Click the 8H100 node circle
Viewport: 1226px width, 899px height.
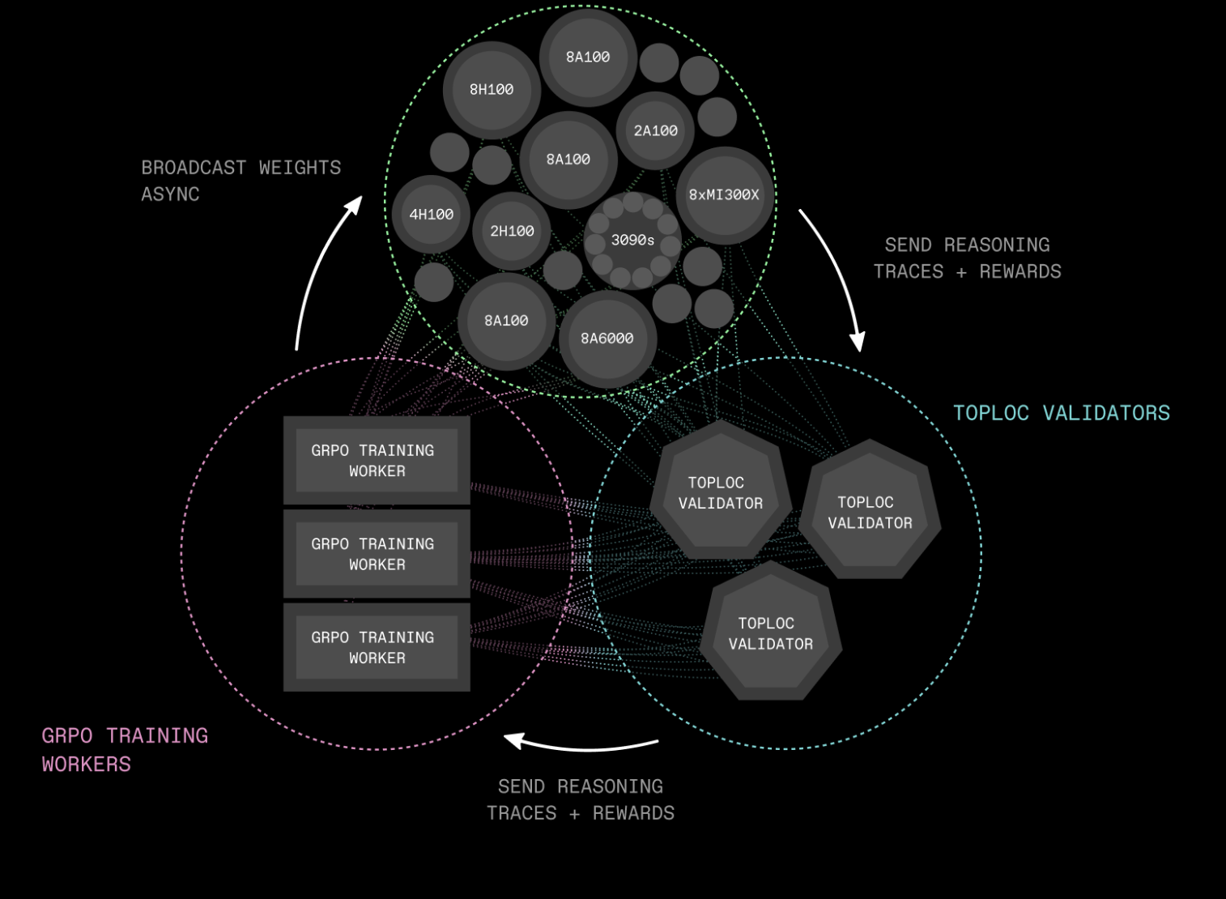[x=492, y=90]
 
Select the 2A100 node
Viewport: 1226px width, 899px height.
[x=655, y=130]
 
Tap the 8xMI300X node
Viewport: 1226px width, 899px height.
[x=724, y=195]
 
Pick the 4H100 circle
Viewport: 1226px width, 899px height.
[x=431, y=215]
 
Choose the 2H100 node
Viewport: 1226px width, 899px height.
[x=512, y=232]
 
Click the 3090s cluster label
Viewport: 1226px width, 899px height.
[x=632, y=241]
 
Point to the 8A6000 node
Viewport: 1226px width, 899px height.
[x=607, y=339]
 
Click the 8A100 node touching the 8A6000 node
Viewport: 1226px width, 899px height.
[x=506, y=321]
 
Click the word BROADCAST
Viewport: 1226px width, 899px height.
[x=194, y=168]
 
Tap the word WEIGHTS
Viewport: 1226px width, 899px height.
[x=300, y=168]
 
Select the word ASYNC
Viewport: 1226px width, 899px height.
[x=170, y=194]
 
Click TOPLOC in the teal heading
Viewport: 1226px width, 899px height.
[x=990, y=413]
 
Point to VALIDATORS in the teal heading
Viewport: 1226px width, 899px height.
[x=1106, y=413]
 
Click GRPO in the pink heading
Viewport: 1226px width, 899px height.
[x=67, y=735]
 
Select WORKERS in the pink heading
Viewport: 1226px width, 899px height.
[x=87, y=764]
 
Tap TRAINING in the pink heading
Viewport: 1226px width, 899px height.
[x=157, y=735]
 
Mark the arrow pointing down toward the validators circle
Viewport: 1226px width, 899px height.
[x=834, y=275]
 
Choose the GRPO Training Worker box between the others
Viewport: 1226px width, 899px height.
[x=377, y=554]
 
